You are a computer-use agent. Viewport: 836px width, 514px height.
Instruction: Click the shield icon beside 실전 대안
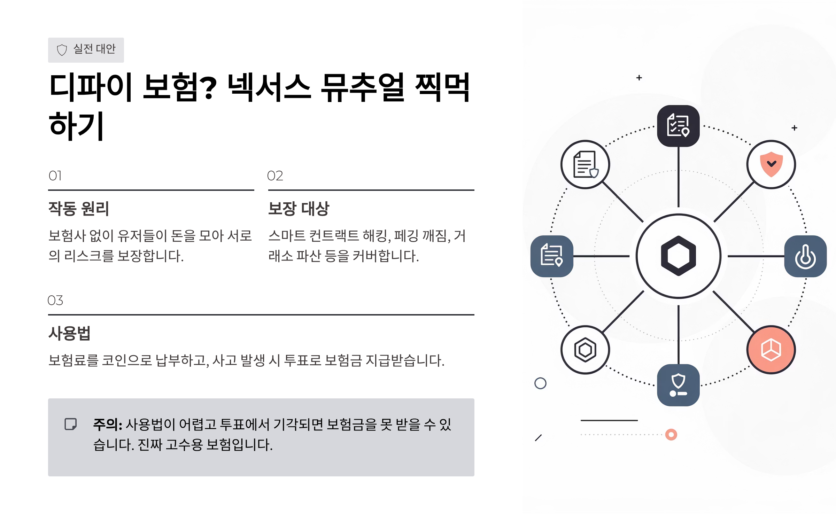[62, 50]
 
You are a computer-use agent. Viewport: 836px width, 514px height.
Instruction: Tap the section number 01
[55, 176]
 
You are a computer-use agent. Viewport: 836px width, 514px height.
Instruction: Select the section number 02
[275, 176]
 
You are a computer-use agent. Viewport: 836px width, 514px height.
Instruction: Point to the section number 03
[55, 301]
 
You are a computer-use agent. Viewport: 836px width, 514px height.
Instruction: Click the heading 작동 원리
[79, 209]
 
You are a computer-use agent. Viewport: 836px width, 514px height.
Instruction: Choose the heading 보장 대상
[299, 209]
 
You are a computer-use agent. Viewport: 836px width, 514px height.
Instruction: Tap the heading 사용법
[69, 334]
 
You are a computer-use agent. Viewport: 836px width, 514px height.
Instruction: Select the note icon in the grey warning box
[71, 424]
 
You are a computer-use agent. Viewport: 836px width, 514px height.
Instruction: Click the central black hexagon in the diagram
[678, 256]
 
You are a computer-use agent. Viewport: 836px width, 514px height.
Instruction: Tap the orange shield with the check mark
[771, 164]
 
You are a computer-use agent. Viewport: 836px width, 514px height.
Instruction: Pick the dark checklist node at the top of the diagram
[678, 126]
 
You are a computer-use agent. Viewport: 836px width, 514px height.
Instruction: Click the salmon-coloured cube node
[771, 350]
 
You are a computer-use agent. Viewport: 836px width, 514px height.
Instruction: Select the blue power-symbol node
[805, 256]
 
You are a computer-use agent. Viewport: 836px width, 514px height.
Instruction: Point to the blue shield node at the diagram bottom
[678, 385]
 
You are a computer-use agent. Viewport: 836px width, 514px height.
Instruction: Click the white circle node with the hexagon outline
[585, 350]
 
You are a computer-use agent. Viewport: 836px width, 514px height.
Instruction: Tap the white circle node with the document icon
[585, 164]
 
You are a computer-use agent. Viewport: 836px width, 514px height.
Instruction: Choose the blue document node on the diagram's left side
[552, 256]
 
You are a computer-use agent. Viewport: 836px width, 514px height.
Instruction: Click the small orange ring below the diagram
[671, 435]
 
